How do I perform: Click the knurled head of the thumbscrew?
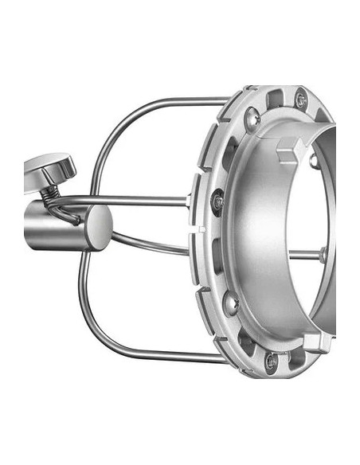(49, 167)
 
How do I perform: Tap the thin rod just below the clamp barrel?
(151, 244)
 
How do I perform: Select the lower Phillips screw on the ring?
(231, 303)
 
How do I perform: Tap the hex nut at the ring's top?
(300, 100)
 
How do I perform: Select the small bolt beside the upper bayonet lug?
(313, 162)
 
